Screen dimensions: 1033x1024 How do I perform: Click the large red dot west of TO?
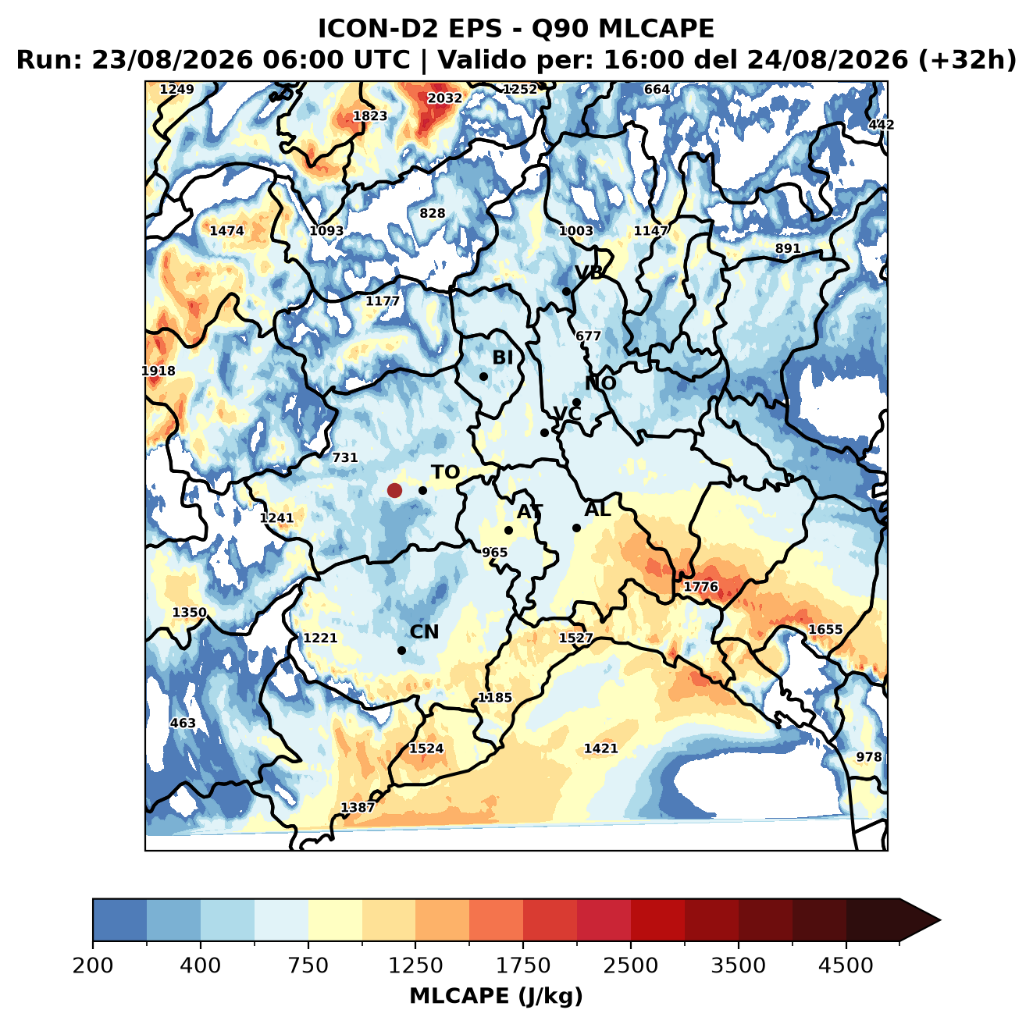(x=394, y=490)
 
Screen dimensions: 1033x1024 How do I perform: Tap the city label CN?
(x=424, y=631)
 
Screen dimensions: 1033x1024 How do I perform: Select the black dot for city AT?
(x=508, y=530)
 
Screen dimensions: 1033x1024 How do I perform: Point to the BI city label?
(x=502, y=357)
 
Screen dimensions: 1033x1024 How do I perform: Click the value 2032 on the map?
(x=444, y=98)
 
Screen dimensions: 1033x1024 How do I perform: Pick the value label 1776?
(x=700, y=587)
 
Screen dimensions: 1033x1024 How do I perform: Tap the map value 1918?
(x=159, y=371)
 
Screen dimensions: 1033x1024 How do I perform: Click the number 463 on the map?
(x=183, y=723)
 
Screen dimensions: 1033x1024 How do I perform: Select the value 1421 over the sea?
(x=600, y=748)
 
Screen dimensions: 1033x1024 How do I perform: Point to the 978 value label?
(x=868, y=756)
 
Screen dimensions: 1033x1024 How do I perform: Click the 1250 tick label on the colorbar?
(x=415, y=965)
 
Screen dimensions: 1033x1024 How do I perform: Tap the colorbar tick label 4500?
(x=846, y=965)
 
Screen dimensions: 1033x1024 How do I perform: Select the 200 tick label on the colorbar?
(x=93, y=965)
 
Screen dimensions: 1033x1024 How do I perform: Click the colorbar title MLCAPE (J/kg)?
(x=496, y=996)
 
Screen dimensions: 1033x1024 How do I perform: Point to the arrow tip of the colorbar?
(x=940, y=921)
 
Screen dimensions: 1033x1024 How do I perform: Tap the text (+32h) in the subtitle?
(x=967, y=60)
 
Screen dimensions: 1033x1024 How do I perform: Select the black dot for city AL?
(x=576, y=528)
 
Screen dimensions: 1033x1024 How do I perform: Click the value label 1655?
(x=825, y=629)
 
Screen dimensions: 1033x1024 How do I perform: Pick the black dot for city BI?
(x=483, y=376)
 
